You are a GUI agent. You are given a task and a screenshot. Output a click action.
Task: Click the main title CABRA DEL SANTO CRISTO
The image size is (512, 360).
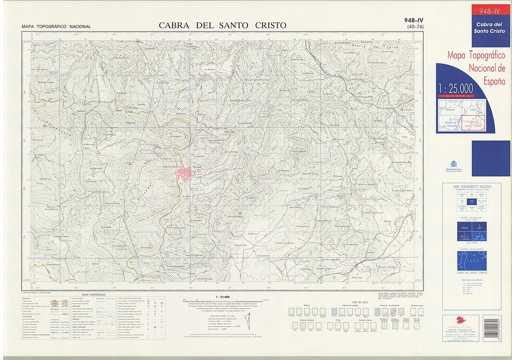coord(222,26)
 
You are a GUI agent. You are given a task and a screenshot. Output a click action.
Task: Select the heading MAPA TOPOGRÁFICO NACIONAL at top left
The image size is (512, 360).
coord(56,27)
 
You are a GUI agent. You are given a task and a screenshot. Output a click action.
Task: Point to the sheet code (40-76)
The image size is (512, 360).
coord(415,27)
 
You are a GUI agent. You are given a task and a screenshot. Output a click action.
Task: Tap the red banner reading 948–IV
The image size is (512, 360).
coord(490,11)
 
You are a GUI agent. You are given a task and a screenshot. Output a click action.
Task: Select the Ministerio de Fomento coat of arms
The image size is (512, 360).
coord(454,164)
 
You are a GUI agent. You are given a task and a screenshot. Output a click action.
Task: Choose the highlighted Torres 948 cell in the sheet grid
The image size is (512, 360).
coord(472,202)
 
